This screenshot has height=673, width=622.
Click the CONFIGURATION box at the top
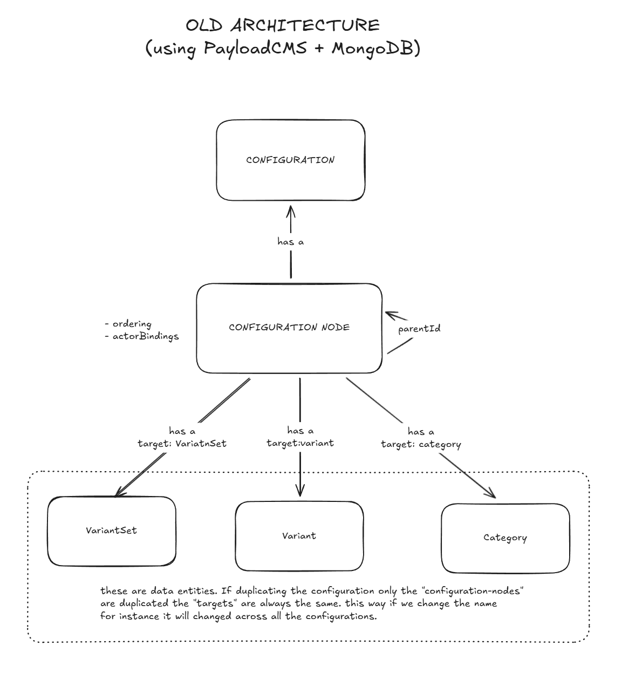[291, 160]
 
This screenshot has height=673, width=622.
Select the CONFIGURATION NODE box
[289, 328]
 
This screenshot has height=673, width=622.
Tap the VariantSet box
[112, 531]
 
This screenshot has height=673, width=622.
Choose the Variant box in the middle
[299, 536]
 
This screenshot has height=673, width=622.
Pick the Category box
[505, 538]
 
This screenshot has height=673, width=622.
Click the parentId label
[419, 329]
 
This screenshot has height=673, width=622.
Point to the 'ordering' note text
[132, 324]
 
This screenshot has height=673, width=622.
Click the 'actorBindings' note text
[145, 336]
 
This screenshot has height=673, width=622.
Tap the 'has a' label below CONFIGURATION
[291, 242]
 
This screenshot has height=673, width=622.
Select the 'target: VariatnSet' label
[182, 443]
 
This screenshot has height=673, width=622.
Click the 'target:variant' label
[300, 443]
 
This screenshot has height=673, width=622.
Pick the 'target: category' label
[421, 444]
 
